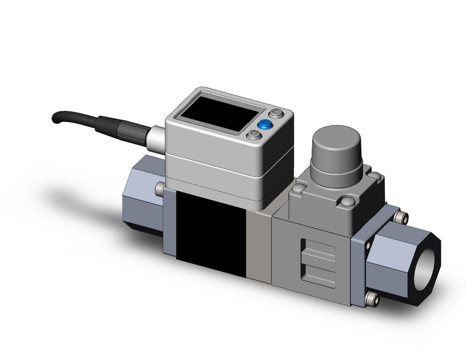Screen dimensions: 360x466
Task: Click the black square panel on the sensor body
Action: (210, 231)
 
